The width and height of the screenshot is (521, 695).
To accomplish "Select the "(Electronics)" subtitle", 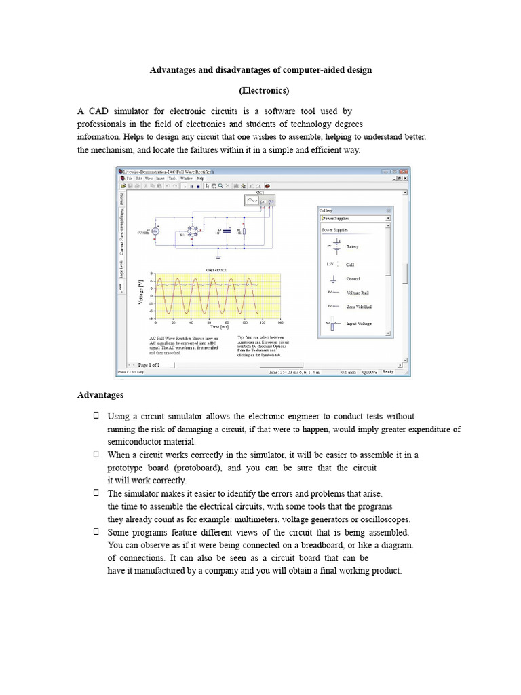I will (x=265, y=90).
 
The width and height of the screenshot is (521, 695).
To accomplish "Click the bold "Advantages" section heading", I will (x=100, y=394).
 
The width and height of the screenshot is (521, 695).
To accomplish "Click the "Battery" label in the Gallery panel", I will (x=353, y=246).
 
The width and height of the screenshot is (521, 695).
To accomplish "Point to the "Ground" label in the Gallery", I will (x=353, y=279).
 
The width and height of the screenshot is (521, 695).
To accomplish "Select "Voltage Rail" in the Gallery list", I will (x=358, y=293).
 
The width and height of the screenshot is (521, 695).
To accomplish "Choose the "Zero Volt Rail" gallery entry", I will (x=360, y=307).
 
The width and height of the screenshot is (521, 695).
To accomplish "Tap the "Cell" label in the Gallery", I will (x=350, y=264).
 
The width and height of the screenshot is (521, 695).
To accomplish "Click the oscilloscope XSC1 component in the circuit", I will (x=258, y=200).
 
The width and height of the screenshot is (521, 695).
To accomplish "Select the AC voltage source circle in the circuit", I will (x=155, y=231).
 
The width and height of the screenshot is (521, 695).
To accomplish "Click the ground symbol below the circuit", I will (x=218, y=257).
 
